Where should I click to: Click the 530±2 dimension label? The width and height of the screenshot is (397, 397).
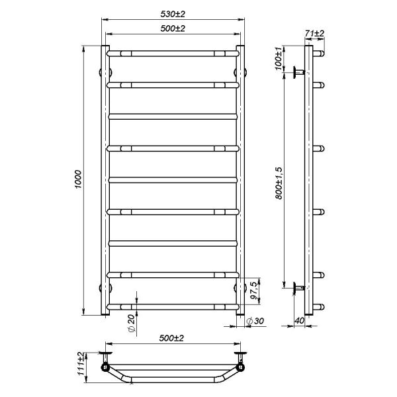173,14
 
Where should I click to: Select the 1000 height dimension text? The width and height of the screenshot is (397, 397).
79,179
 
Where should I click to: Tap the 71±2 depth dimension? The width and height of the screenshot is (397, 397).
314,34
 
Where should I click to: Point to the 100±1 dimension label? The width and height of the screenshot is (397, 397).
278,58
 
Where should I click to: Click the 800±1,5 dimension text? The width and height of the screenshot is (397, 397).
279,183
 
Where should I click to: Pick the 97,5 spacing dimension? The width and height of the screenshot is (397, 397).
255,290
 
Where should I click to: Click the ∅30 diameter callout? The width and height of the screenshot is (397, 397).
255,321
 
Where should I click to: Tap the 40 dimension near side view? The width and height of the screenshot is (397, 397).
299,320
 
